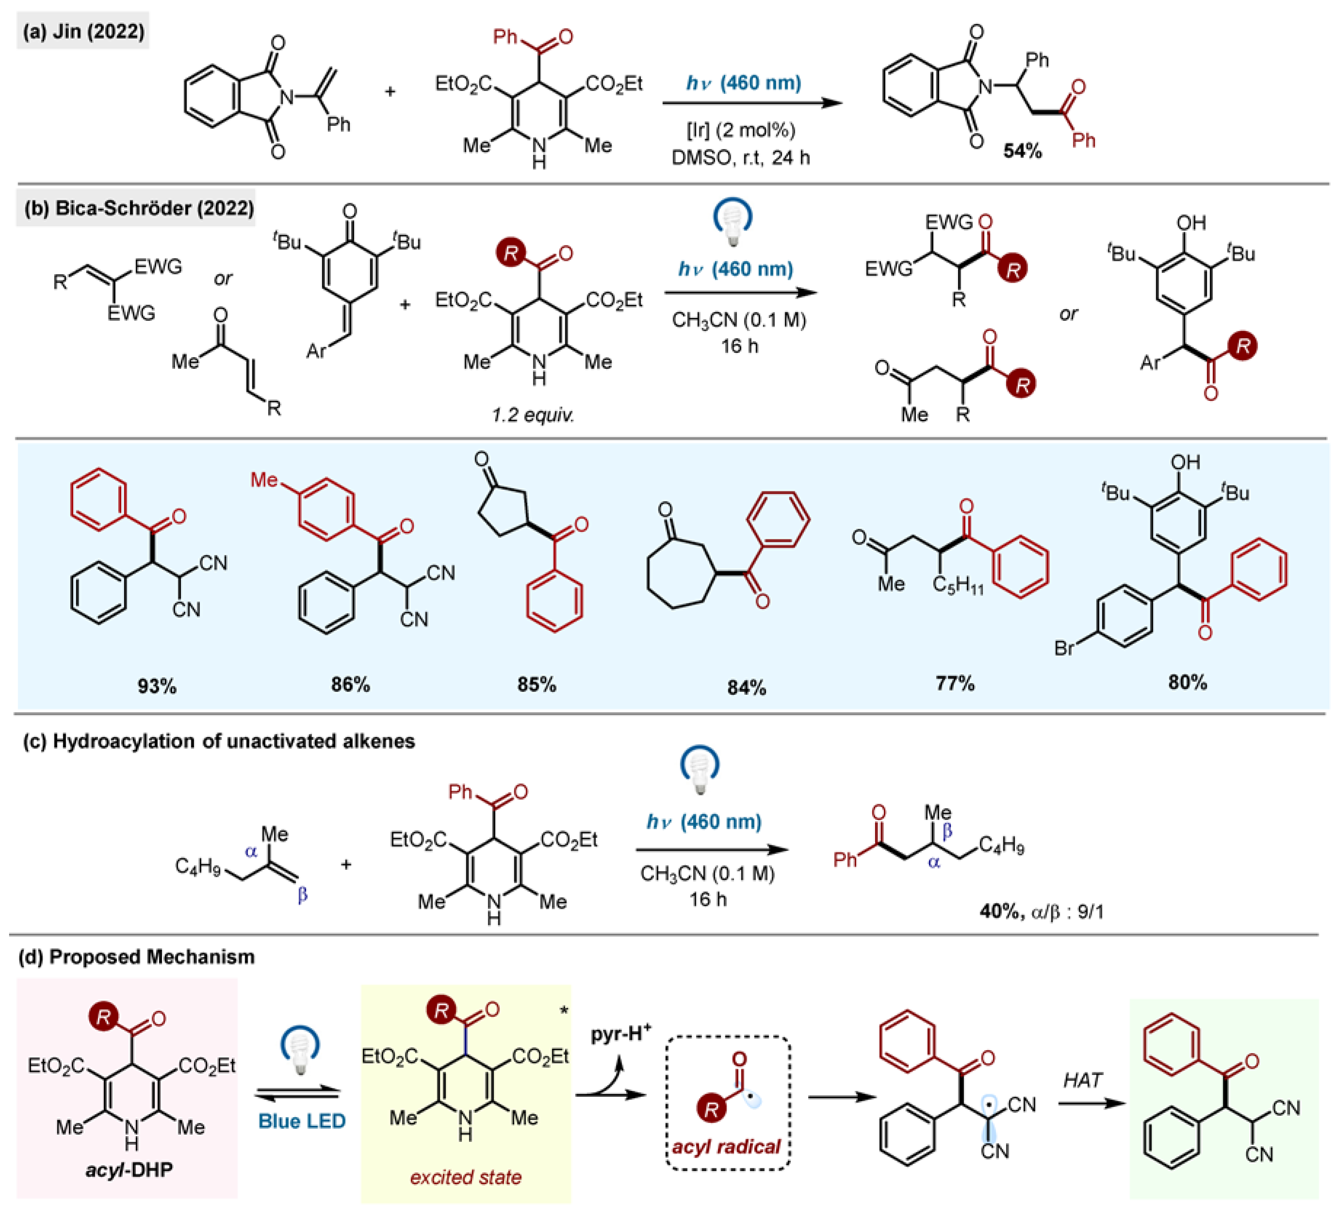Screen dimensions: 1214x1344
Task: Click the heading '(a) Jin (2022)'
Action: (83, 31)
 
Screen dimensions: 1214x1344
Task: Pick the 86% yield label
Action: (350, 685)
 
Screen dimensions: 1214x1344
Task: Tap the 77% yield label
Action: (954, 683)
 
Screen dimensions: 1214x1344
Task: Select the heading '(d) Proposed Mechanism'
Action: (137, 957)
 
